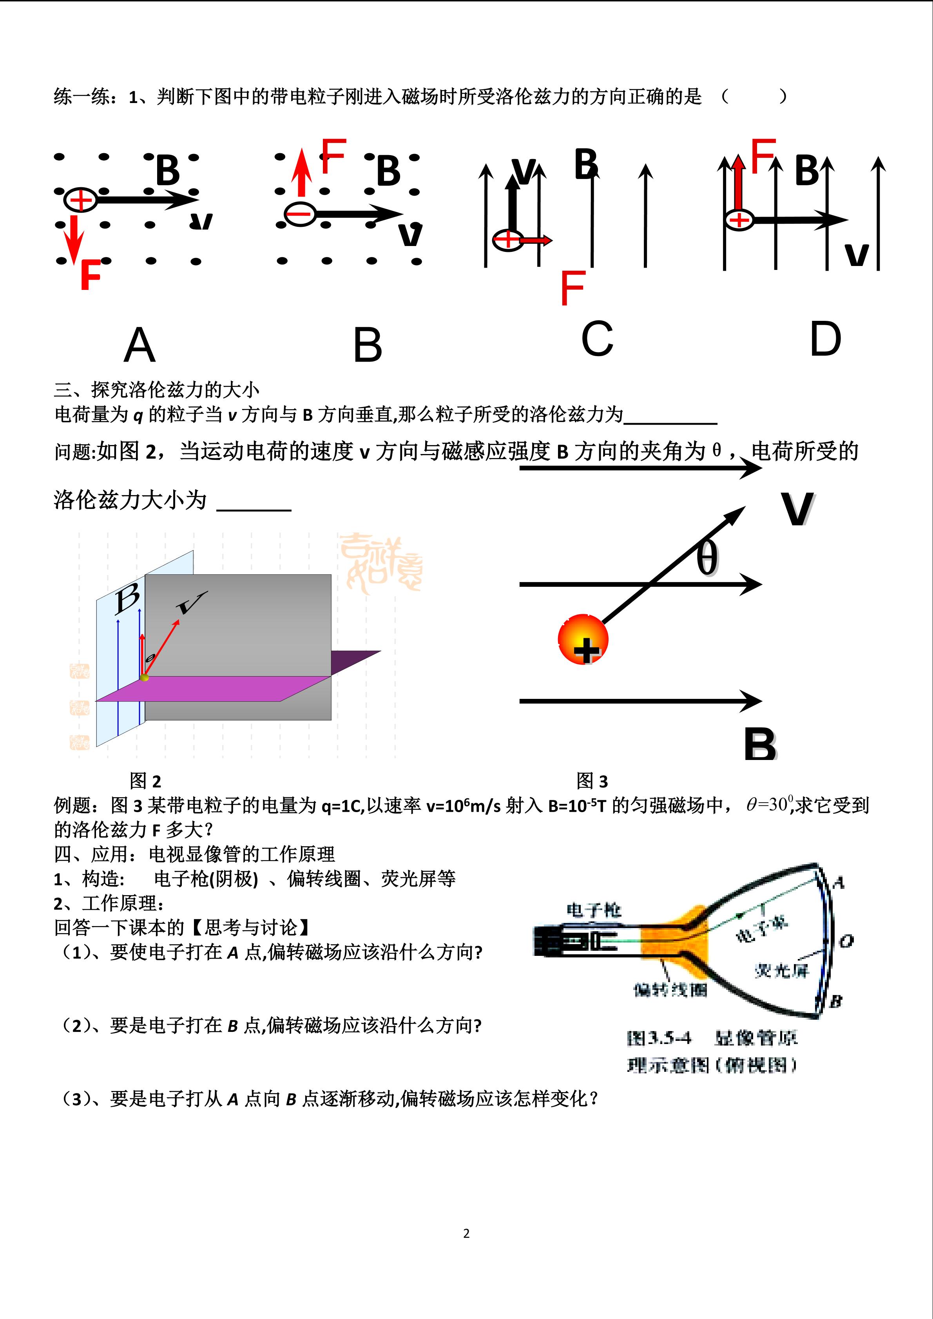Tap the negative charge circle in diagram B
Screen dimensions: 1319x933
point(299,214)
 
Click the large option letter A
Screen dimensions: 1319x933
point(139,345)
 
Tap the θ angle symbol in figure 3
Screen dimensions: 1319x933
point(707,558)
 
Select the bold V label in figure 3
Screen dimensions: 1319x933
point(797,509)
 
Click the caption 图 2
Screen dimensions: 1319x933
point(145,781)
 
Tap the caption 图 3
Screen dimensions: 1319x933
point(592,781)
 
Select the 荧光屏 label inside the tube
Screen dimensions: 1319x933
point(781,971)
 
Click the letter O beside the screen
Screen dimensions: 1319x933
point(846,941)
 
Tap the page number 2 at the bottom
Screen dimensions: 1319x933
point(466,1233)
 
